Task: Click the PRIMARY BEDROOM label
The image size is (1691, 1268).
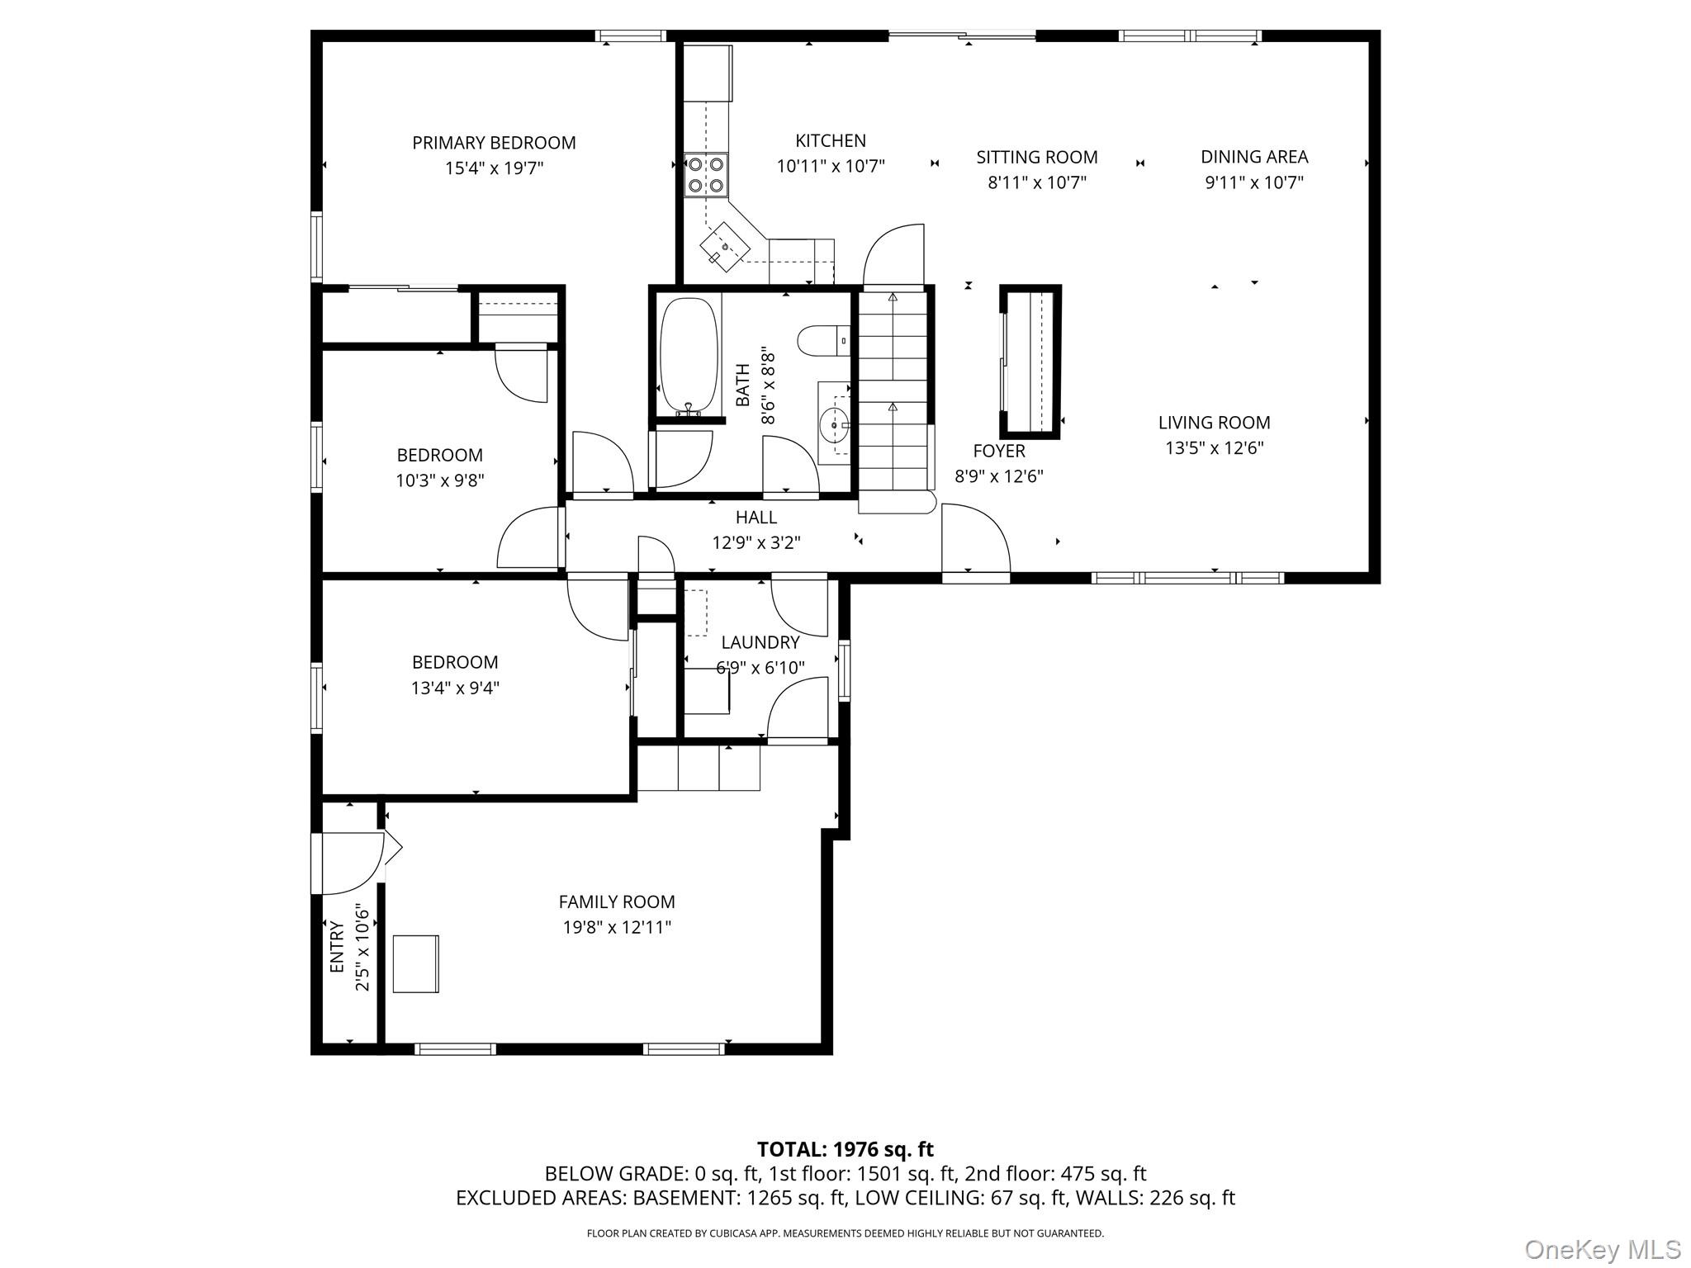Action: coord(494,143)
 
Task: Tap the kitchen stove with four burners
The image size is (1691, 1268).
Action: coord(706,175)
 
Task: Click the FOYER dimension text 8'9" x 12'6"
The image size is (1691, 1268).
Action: coord(999,476)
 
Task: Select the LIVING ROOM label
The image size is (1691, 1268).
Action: coord(1214,423)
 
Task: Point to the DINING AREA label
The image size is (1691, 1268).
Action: coord(1253,157)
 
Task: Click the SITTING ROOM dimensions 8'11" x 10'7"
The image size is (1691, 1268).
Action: coord(1037,182)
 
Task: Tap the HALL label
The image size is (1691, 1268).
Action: coord(756,518)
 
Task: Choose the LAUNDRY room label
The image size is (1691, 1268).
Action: coord(760,642)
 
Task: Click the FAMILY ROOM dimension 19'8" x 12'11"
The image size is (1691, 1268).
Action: coord(617,927)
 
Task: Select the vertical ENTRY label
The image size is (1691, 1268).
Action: coord(337,946)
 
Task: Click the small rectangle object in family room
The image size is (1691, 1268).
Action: coord(415,963)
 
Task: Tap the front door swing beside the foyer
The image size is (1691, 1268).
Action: coord(974,538)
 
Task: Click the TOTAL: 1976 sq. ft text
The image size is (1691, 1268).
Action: coord(845,1149)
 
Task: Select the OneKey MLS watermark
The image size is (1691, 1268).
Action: coord(1603,1249)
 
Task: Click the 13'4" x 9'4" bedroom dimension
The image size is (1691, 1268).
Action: coord(455,688)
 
